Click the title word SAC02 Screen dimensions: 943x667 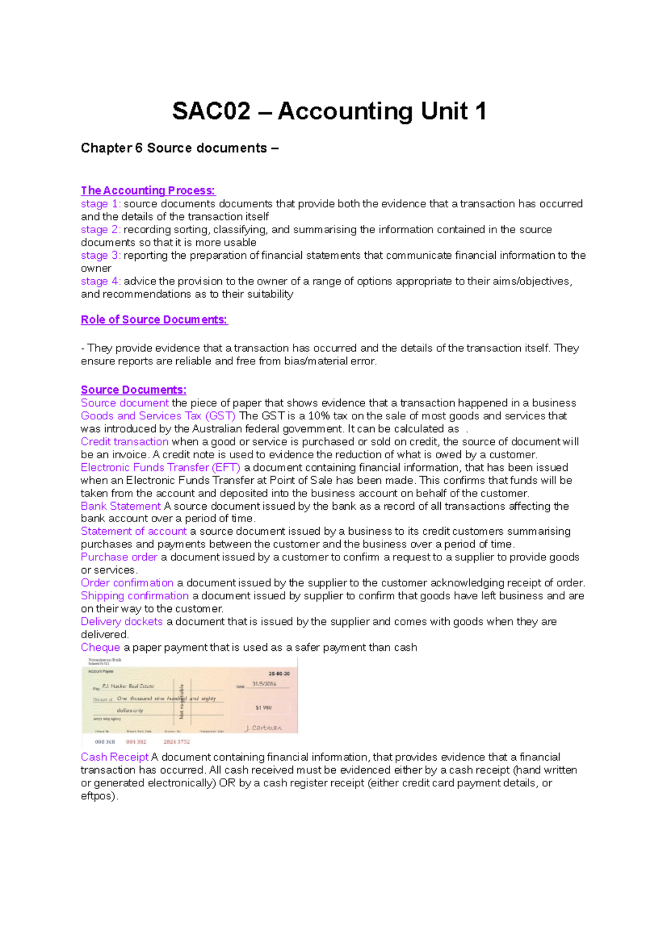click(x=211, y=111)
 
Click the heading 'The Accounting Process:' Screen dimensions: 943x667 click(x=148, y=190)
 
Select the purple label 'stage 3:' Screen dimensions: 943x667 click(x=101, y=255)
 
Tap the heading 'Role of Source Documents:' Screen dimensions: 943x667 click(x=154, y=320)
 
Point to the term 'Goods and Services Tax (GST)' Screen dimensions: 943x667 click(x=158, y=416)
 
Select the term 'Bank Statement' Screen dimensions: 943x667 click(x=121, y=506)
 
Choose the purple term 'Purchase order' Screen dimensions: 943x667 click(x=119, y=557)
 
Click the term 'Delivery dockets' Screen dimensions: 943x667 click(x=122, y=621)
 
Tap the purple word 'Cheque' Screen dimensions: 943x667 click(x=100, y=648)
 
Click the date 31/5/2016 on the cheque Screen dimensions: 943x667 click(x=264, y=684)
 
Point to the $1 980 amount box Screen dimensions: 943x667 click(x=264, y=708)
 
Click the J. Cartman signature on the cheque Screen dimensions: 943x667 click(x=263, y=728)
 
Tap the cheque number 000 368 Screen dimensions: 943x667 click(x=104, y=742)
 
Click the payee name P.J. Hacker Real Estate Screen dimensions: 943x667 click(x=128, y=686)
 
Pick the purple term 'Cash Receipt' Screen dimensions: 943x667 click(x=115, y=757)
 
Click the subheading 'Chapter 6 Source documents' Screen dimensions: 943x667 click(x=179, y=148)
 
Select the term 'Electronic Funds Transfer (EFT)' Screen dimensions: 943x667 click(x=160, y=468)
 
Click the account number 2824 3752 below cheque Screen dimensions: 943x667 click(x=177, y=742)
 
